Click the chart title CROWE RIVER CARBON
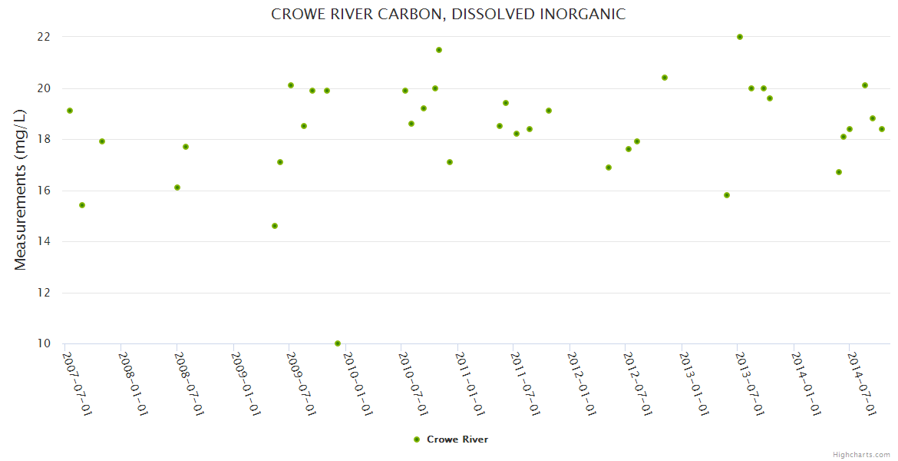click(x=448, y=14)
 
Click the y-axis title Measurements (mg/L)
click(x=21, y=190)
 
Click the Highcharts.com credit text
click(x=861, y=454)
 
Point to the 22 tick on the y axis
click(x=44, y=37)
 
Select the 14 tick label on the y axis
click(x=44, y=241)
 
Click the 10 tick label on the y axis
click(x=44, y=343)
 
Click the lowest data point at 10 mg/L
click(x=338, y=343)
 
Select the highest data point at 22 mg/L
click(x=740, y=37)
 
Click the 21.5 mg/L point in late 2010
click(x=439, y=50)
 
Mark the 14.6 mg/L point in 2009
click(x=275, y=226)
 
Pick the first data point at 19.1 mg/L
click(x=70, y=111)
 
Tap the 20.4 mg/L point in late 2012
click(x=665, y=78)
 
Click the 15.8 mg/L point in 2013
click(x=727, y=195)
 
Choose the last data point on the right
click(x=882, y=129)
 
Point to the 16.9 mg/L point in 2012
click(x=609, y=167)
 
